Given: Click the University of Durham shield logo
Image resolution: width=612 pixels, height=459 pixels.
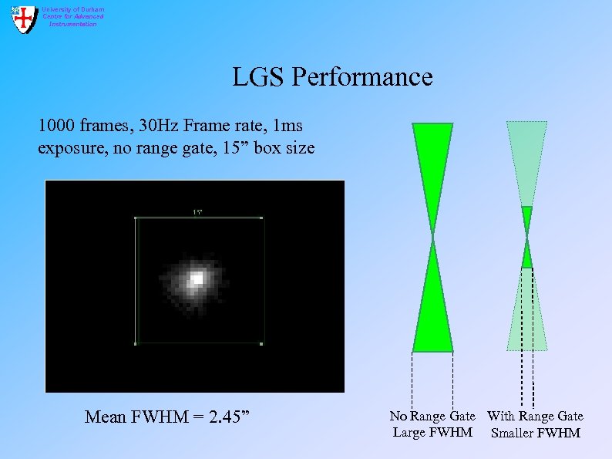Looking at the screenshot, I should tap(25, 19).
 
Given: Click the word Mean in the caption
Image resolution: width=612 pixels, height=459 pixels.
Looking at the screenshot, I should tap(104, 417).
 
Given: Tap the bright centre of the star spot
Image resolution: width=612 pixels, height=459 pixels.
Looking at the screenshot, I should tap(197, 277).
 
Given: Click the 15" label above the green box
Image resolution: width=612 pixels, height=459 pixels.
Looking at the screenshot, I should tap(198, 212).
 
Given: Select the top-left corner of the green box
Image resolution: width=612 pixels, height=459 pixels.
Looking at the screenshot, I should tap(136, 218).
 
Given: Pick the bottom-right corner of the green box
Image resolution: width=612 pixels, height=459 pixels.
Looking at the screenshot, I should tap(262, 343).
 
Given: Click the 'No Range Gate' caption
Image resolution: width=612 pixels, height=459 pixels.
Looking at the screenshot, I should tap(432, 417).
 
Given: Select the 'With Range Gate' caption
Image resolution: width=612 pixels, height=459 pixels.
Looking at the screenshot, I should tap(535, 417).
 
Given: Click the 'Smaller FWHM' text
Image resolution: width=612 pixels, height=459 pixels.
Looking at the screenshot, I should tap(535, 433).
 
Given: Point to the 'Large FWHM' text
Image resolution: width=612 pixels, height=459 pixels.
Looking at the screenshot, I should tap(432, 432).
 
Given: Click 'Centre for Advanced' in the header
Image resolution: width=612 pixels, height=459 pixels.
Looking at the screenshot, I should tap(72, 16).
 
